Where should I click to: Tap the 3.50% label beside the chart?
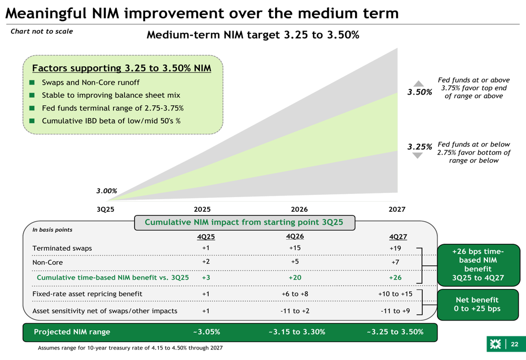(x=420, y=92)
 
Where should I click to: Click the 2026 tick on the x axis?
(x=299, y=209)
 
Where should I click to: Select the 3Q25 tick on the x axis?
(x=105, y=209)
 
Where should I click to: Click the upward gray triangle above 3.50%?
(x=418, y=83)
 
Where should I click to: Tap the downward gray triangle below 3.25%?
(x=418, y=156)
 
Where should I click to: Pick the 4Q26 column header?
(x=295, y=236)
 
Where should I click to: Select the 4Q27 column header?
(x=398, y=237)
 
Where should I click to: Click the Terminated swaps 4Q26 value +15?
(x=295, y=248)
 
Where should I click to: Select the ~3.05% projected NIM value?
(x=206, y=332)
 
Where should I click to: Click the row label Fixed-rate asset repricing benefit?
(x=87, y=294)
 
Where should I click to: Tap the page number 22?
(x=514, y=344)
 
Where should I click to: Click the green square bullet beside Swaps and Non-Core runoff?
(x=32, y=83)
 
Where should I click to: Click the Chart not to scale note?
(x=42, y=32)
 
